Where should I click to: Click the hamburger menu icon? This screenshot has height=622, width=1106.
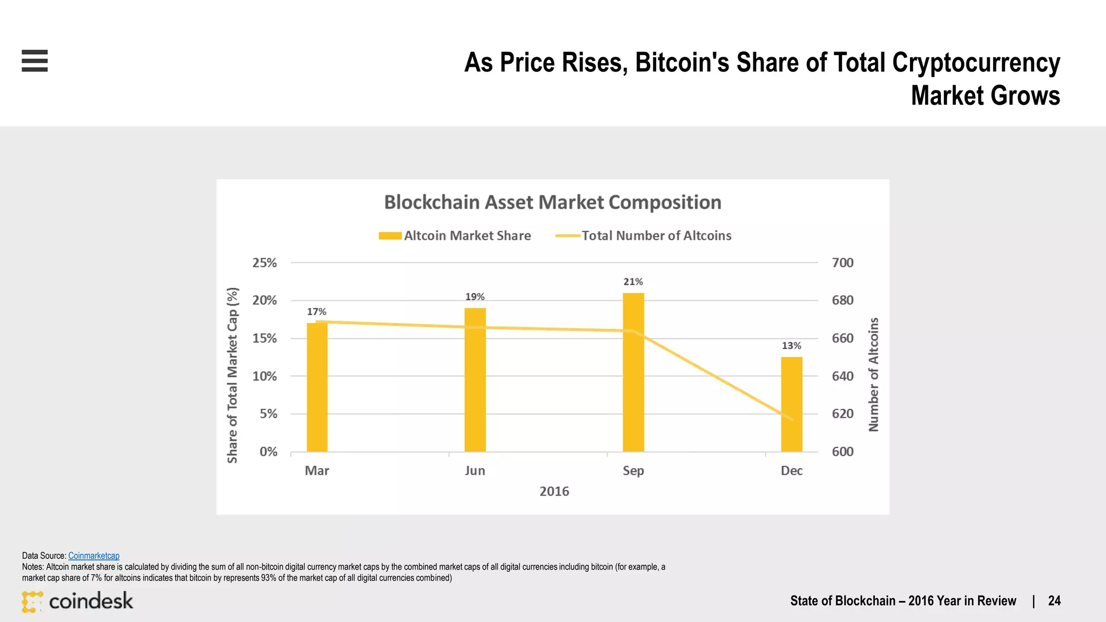pos(35,60)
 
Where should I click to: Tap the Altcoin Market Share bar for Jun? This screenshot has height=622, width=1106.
pos(475,381)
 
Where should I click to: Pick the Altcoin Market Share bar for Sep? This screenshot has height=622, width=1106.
pos(633,373)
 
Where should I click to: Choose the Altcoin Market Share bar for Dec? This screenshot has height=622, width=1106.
pos(792,405)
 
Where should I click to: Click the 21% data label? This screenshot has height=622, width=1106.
pos(633,282)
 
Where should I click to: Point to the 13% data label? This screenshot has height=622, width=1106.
pos(791,346)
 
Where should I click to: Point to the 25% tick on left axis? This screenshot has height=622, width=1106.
pos(265,263)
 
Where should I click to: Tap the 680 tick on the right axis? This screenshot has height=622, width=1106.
pos(842,300)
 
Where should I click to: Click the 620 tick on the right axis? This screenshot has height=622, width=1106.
pos(842,414)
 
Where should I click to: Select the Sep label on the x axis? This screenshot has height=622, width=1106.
pos(633,471)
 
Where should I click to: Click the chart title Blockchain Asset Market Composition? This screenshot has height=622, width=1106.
pos(552,202)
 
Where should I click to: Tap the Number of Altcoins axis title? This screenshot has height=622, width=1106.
pos(873,375)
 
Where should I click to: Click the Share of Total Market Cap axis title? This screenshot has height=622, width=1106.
pos(232,375)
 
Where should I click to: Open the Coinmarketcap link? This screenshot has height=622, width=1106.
pos(93,556)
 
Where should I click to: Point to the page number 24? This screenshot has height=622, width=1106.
pos(1054,601)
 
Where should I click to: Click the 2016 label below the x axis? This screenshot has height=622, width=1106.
pos(554,491)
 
